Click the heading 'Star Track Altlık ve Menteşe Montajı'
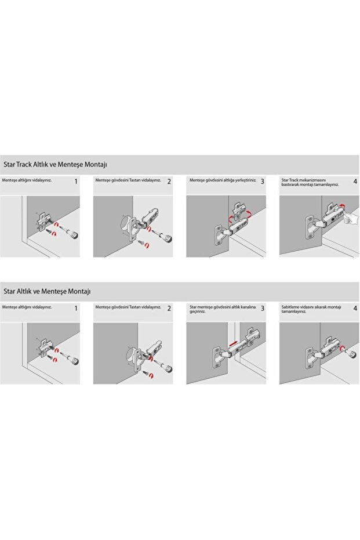pyautogui.click(x=55, y=165)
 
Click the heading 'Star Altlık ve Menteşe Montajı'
pyautogui.click(x=47, y=291)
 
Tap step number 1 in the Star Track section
pyautogui.click(x=76, y=182)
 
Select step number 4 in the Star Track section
pyautogui.click(x=355, y=182)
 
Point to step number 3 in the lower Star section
pyautogui.click(x=262, y=308)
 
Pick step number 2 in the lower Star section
pyautogui.click(x=169, y=308)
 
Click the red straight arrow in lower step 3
pyautogui.click(x=232, y=343)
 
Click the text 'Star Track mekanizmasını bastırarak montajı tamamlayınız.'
pyautogui.click(x=310, y=182)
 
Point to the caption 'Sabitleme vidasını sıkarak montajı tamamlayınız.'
pyautogui.click(x=311, y=309)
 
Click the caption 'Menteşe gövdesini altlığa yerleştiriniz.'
pyautogui.click(x=223, y=180)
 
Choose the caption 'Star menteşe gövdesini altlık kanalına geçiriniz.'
pyautogui.click(x=223, y=309)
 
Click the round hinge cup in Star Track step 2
pyautogui.click(x=126, y=223)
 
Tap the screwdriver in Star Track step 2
pyautogui.click(x=164, y=236)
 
